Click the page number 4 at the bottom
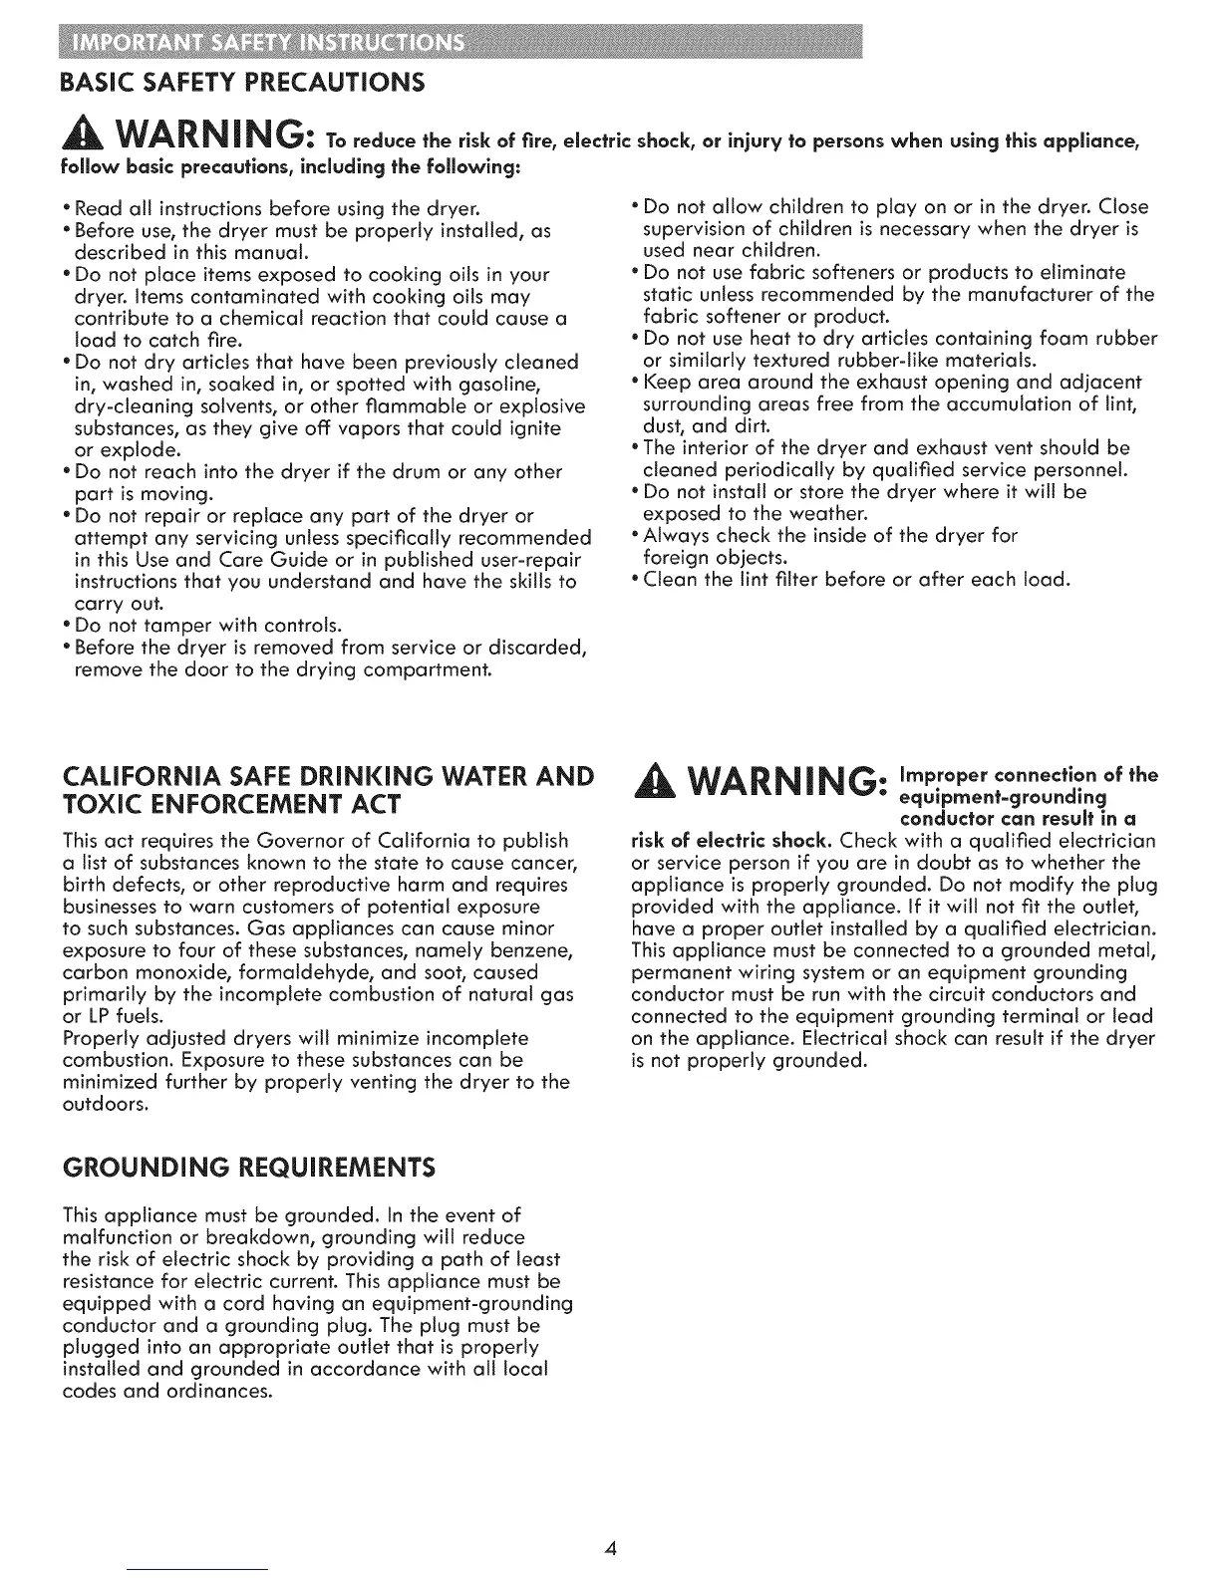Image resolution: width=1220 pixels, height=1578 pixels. [x=611, y=1548]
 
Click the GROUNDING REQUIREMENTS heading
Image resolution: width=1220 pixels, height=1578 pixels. [x=248, y=1167]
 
